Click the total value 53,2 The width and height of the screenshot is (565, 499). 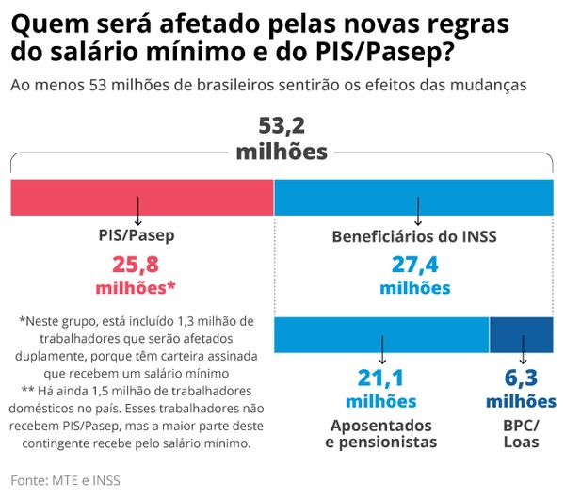(x=282, y=126)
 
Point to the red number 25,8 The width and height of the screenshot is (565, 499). (x=137, y=264)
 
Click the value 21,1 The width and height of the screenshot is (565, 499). (x=381, y=378)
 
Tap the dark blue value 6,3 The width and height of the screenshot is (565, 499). (x=522, y=378)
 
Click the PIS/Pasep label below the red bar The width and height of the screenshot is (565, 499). (x=137, y=236)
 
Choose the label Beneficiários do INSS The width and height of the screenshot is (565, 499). (x=413, y=236)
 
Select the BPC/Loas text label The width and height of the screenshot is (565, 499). (x=522, y=432)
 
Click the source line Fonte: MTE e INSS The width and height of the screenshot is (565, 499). (x=65, y=480)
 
